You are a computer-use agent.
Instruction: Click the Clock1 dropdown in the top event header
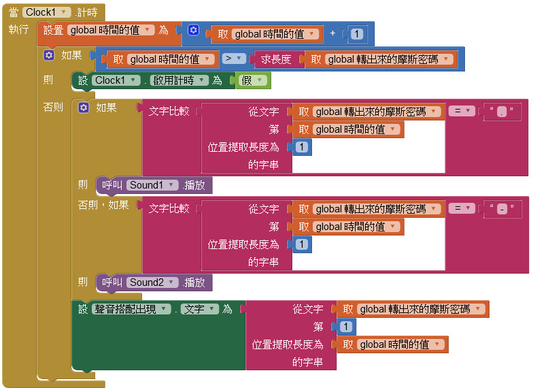(x=46, y=12)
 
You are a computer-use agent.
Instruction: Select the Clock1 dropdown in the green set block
(x=116, y=80)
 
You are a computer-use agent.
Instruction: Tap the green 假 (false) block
(x=252, y=80)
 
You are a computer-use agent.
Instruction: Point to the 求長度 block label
(x=276, y=59)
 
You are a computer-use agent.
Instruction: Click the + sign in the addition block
(x=333, y=33)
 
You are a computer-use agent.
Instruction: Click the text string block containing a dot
(x=502, y=112)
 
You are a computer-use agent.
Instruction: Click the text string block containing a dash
(x=502, y=209)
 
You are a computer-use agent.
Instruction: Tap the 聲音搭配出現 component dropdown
(x=130, y=309)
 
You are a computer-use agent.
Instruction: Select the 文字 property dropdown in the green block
(x=199, y=309)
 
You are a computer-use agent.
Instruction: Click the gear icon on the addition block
(x=194, y=31)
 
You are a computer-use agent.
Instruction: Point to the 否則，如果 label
(x=103, y=204)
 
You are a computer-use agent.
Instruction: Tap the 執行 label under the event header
(x=18, y=29)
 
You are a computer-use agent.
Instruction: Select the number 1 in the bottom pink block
(x=345, y=327)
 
